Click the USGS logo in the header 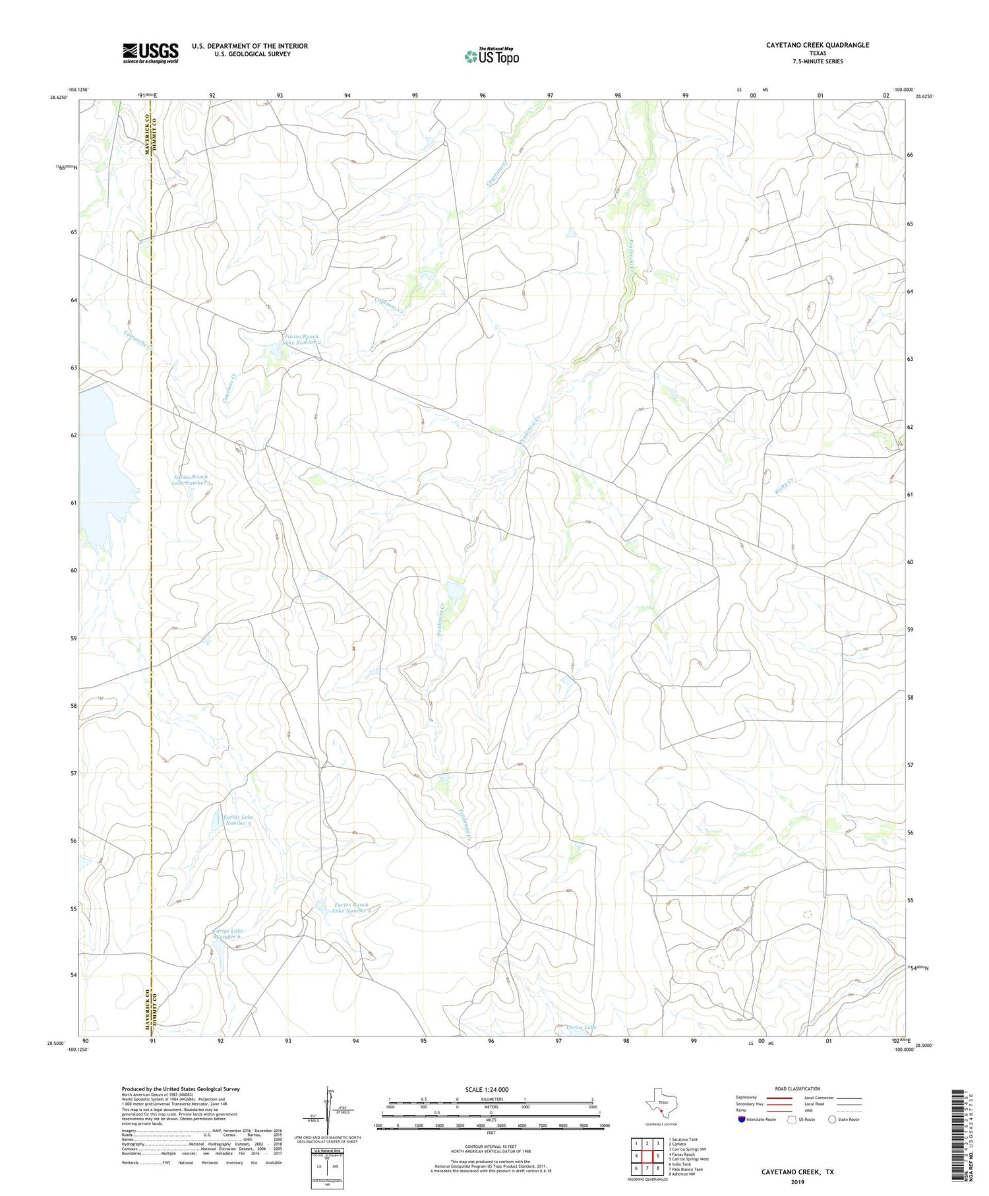(x=150, y=53)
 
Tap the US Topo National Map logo (x=491, y=57)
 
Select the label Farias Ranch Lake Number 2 (x=301, y=340)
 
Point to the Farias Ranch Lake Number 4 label (x=356, y=908)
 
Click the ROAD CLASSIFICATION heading (x=797, y=1088)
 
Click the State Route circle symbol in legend (x=832, y=1119)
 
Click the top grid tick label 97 (x=550, y=96)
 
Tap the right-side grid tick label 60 (x=910, y=562)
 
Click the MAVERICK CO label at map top (x=148, y=136)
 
